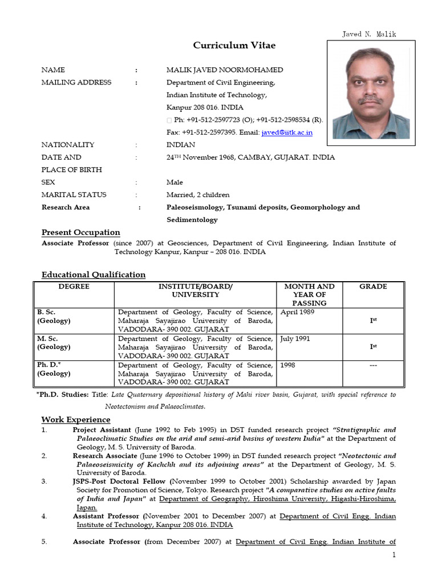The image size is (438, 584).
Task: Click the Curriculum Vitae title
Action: (226, 46)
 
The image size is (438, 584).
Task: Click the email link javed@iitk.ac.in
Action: (287, 132)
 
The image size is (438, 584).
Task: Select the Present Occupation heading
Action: (81, 232)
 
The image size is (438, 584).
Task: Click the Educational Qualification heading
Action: (94, 274)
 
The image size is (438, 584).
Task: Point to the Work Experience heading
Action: (76, 420)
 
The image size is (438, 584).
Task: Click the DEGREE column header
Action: (74, 286)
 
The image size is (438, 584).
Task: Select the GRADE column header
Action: (373, 286)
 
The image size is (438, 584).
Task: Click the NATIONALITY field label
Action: (68, 145)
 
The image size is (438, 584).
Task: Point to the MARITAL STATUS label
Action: (74, 194)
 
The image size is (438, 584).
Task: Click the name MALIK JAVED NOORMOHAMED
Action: (224, 70)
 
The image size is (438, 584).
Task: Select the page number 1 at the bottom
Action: (393, 555)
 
